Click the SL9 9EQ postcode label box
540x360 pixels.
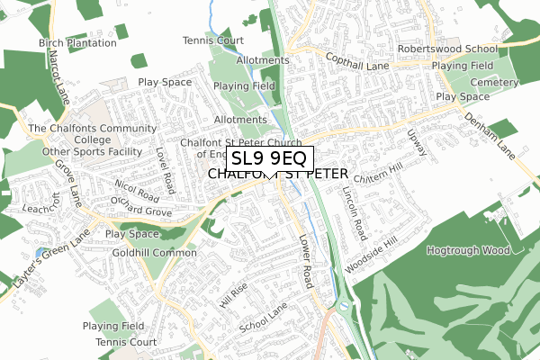tap(269, 159)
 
